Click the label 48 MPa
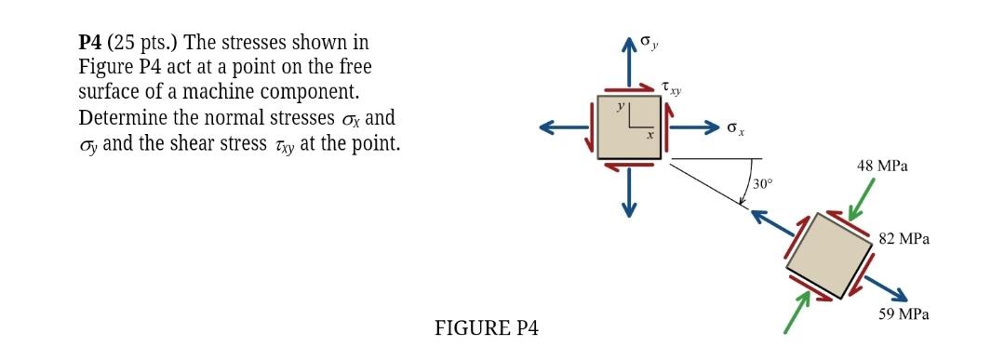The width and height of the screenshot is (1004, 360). coord(882,167)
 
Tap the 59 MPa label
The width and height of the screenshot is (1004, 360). coord(904,314)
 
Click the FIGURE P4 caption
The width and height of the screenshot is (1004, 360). coord(486,328)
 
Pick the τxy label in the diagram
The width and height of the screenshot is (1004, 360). coord(671,88)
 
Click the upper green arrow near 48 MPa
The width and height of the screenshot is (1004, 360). coord(863,195)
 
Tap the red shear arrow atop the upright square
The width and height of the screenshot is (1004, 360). coord(630,89)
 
